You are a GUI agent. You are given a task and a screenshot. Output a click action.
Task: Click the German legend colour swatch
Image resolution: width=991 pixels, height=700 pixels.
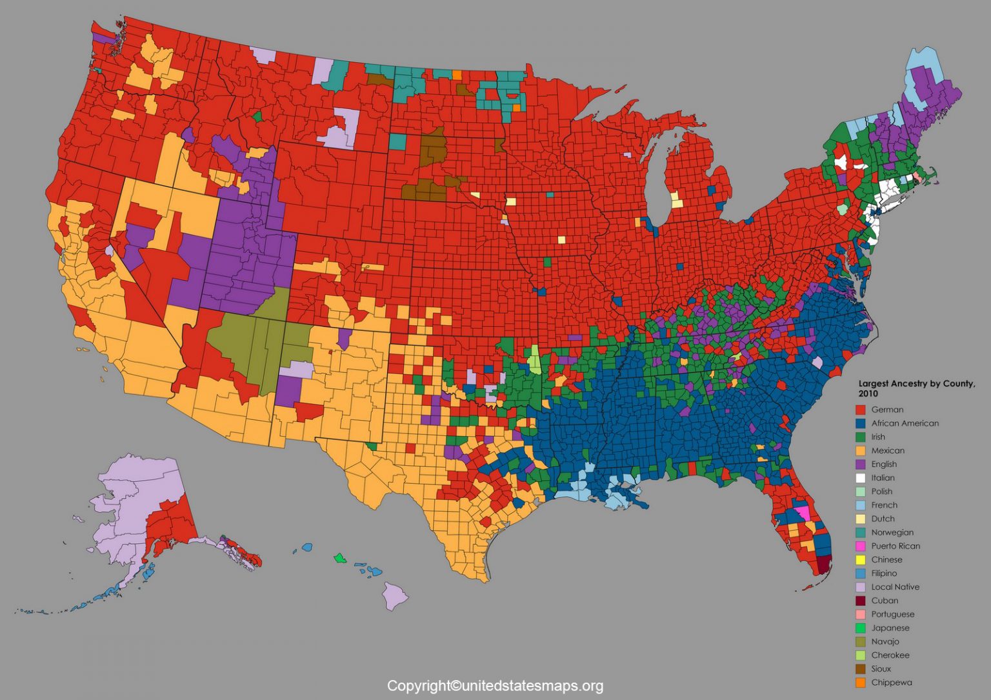point(860,410)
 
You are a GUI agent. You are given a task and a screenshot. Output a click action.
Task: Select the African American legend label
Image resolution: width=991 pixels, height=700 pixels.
point(905,423)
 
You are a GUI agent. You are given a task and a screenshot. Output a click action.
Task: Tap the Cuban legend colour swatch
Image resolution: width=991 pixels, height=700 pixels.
point(860,601)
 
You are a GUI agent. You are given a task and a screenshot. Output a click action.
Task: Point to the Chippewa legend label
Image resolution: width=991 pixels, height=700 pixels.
point(891,683)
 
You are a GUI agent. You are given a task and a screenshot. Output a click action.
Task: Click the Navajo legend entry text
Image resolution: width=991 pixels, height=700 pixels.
point(885,641)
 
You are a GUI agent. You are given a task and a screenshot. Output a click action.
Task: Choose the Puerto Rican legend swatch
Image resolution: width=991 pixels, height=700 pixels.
point(860,546)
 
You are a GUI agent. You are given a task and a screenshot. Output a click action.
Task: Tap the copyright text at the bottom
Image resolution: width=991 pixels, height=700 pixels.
point(495,686)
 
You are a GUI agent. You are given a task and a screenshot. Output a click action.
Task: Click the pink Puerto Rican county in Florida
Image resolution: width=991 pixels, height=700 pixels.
point(803,513)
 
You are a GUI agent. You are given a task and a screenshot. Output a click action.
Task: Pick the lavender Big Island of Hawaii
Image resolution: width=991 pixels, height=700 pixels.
point(395,595)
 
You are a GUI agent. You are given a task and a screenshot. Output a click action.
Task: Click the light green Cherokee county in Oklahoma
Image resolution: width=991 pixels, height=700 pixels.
point(534,360)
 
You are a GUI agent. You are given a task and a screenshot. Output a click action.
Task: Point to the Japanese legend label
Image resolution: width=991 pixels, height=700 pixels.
point(890,628)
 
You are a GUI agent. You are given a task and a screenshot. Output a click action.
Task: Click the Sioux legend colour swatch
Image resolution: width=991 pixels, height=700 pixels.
point(860,669)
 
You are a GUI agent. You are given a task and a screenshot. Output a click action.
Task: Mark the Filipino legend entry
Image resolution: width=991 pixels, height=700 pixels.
point(884,573)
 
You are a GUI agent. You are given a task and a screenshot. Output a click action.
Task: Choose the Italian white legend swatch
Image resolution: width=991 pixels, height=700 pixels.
point(860,478)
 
